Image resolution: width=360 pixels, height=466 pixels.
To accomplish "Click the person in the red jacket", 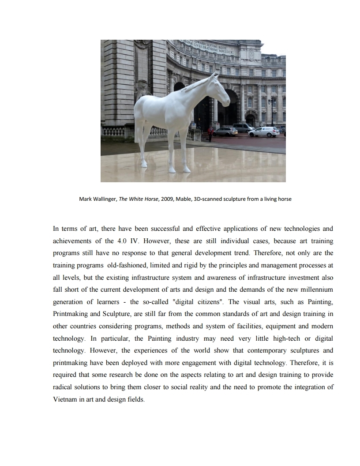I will pos(210,132).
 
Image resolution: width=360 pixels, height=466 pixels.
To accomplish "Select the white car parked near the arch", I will pos(264,132).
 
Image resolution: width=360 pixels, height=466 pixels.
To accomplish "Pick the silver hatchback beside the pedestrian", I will pos(225,131).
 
